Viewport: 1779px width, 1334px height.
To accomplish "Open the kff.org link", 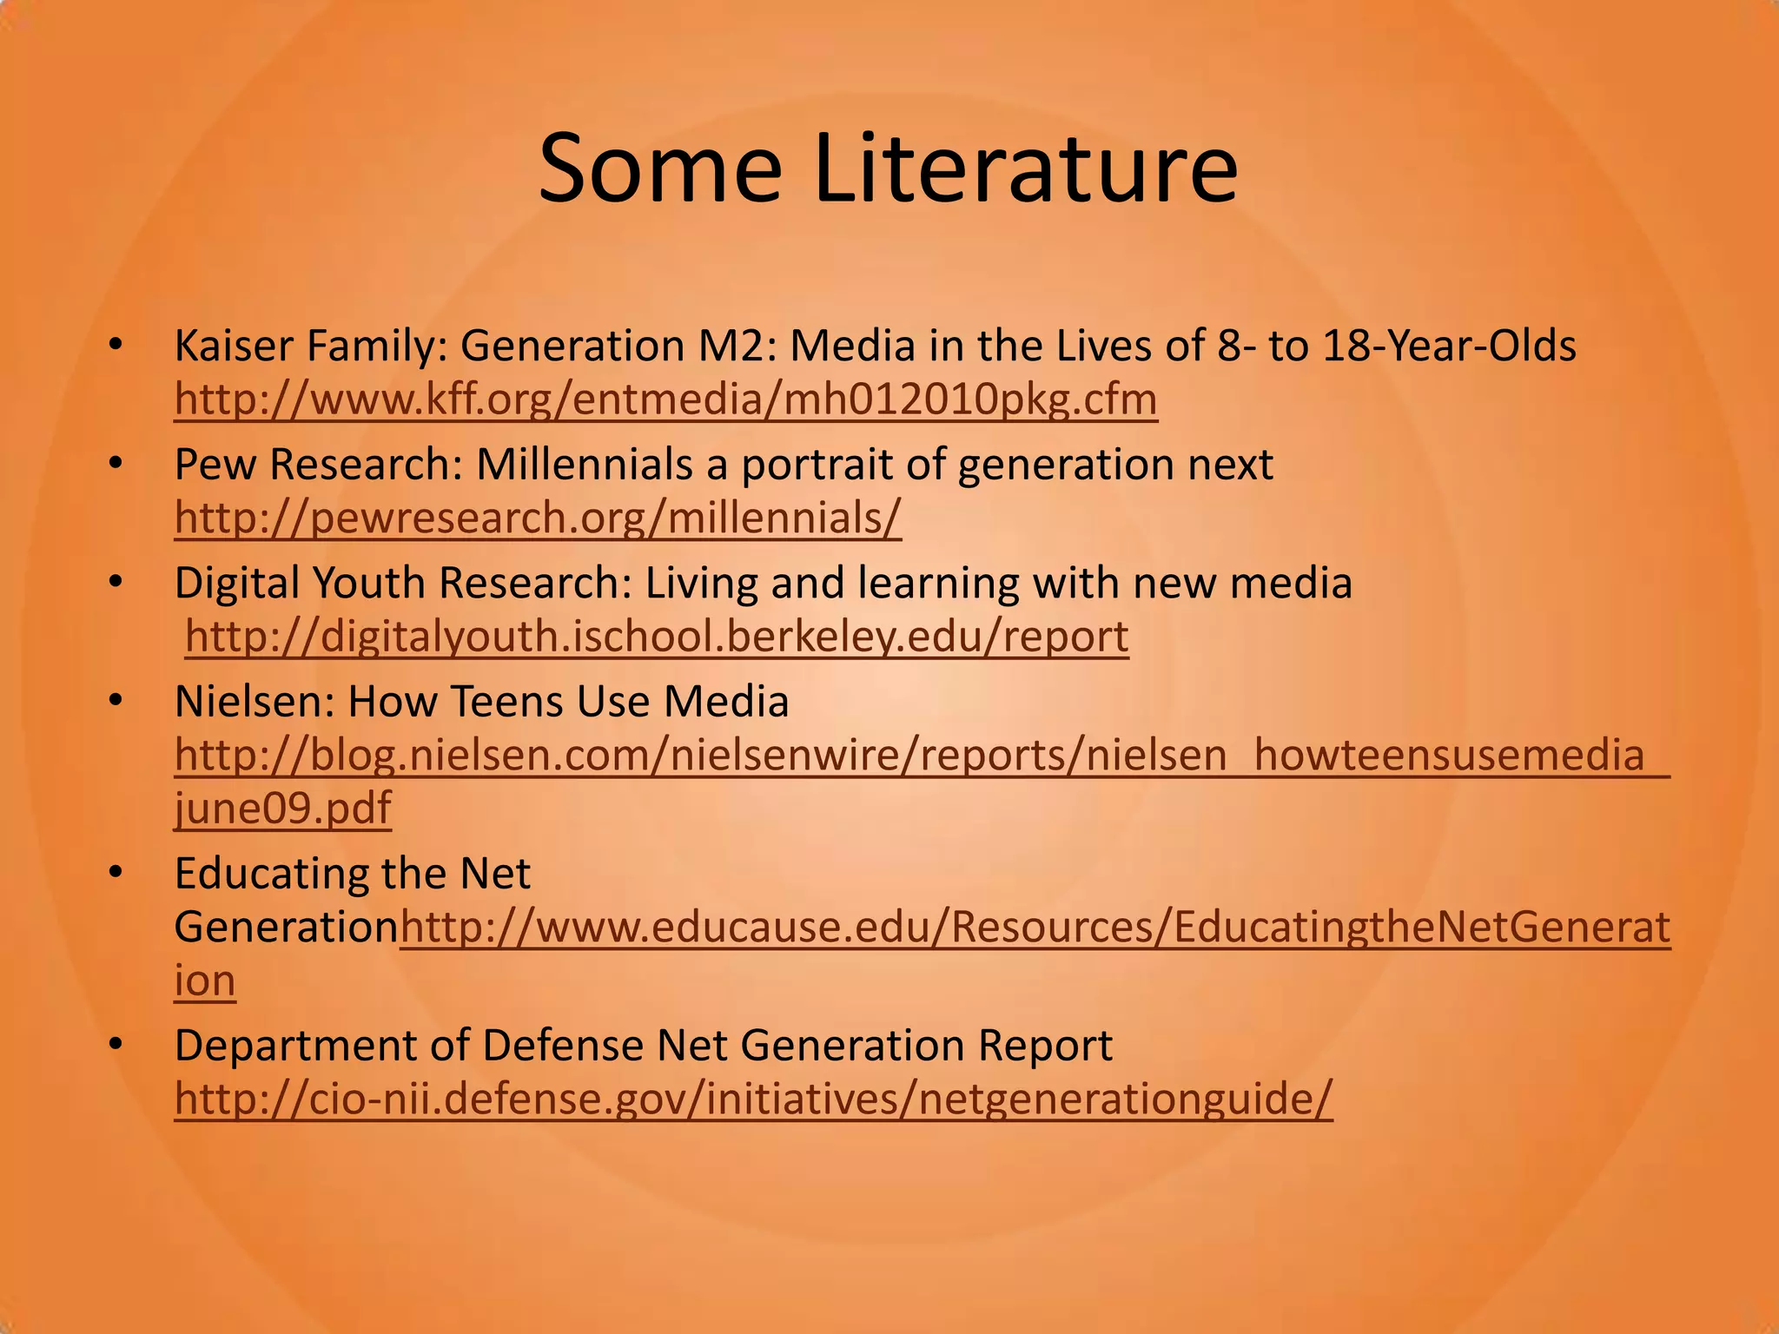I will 665,400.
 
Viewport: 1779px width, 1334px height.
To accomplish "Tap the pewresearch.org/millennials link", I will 538,518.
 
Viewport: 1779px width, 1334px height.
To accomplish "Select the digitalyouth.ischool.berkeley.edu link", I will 657,636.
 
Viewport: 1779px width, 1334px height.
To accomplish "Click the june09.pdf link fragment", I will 283,808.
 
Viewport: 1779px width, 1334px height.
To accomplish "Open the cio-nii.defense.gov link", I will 753,1098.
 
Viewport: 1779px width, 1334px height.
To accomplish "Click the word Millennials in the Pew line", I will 584,464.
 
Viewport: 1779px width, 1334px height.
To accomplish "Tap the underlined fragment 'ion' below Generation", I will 205,981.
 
